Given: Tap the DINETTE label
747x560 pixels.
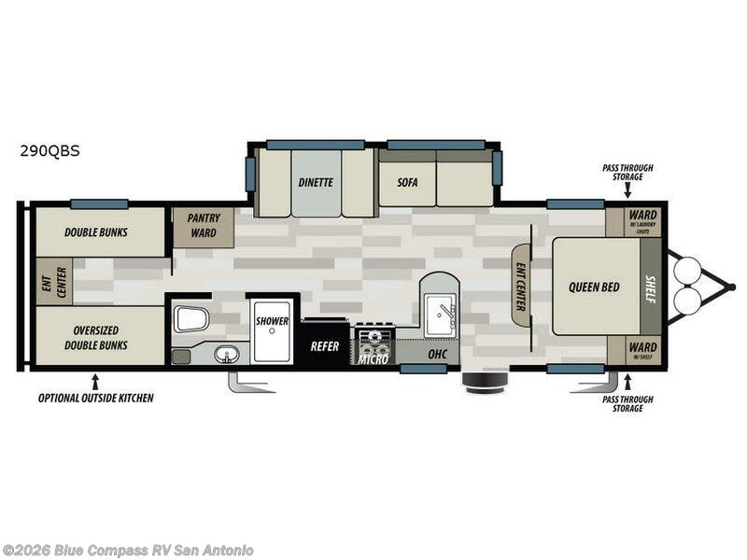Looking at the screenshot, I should pyautogui.click(x=316, y=182).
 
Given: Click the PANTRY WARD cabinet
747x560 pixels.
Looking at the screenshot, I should pyautogui.click(x=204, y=224).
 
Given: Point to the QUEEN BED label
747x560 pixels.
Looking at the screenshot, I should pyautogui.click(x=595, y=287).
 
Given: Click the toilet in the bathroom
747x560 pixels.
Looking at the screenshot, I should pyautogui.click(x=190, y=319).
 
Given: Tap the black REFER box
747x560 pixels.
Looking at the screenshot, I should pyautogui.click(x=324, y=346).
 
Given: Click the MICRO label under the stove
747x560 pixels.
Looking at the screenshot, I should pyautogui.click(x=373, y=358).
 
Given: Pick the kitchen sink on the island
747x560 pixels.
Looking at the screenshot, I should pyautogui.click(x=438, y=313).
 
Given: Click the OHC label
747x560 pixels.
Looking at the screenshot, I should pyautogui.click(x=437, y=355).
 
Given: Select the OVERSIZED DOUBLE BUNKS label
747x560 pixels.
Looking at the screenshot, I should pyautogui.click(x=96, y=336).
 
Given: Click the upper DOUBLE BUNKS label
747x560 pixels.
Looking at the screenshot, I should pyautogui.click(x=96, y=232).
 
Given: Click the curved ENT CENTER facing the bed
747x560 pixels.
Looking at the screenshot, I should pyautogui.click(x=521, y=285).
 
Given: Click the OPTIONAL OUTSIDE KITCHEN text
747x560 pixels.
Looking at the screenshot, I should pyautogui.click(x=95, y=398).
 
